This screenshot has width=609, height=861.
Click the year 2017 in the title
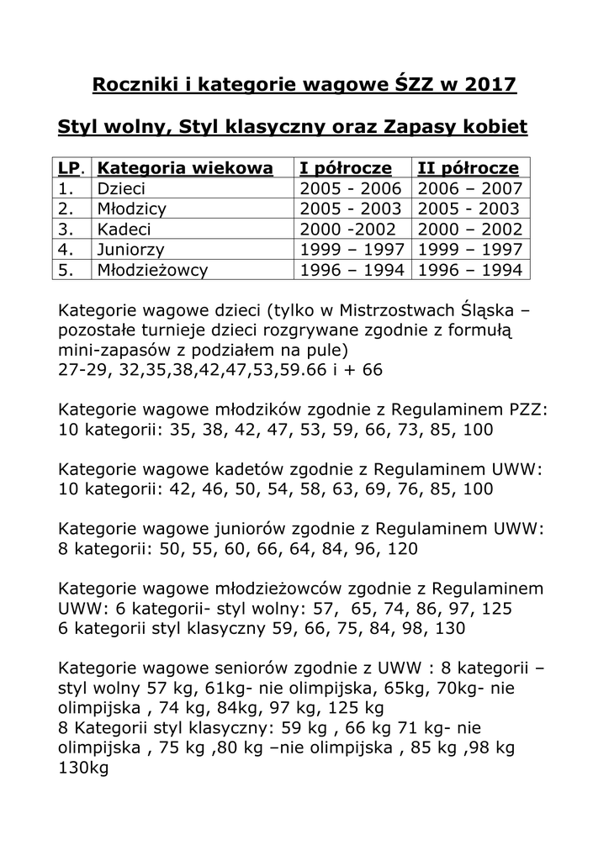pyautogui.click(x=492, y=85)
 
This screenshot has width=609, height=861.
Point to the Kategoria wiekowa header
pyautogui.click(x=185, y=168)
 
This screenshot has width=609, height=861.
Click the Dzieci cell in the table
pyautogui.click(x=122, y=188)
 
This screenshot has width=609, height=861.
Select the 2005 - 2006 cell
pyautogui.click(x=352, y=188)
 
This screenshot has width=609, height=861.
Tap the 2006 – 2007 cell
pyautogui.click(x=470, y=188)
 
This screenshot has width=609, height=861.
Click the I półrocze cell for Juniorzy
pyautogui.click(x=352, y=250)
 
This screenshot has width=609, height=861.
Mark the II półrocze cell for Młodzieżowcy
pyautogui.click(x=470, y=270)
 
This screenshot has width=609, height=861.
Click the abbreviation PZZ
pyautogui.click(x=527, y=410)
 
